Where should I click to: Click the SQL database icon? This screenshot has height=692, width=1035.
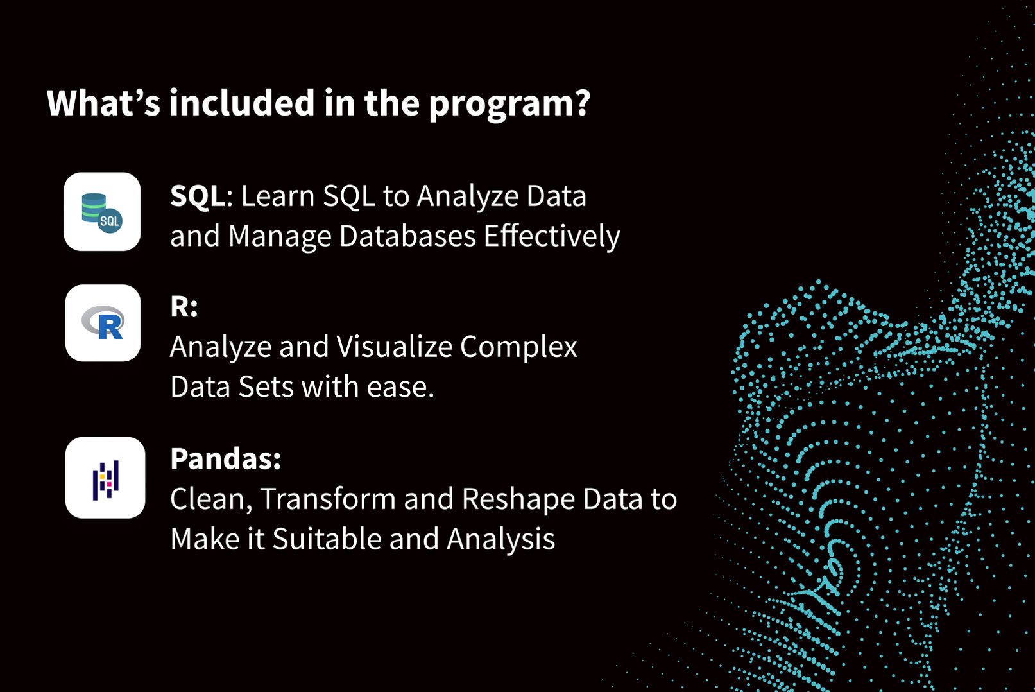(x=102, y=212)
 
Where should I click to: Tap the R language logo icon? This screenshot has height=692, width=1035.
(x=103, y=323)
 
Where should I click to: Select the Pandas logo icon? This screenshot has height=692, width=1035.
(x=105, y=478)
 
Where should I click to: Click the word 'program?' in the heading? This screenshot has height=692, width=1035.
(x=509, y=104)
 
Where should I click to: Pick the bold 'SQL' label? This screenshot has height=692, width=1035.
(x=198, y=196)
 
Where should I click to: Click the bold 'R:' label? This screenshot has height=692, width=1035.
(x=184, y=307)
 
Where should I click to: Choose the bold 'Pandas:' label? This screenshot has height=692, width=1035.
(x=225, y=459)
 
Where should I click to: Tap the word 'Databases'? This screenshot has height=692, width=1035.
(x=407, y=236)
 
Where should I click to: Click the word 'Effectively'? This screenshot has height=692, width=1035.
(x=552, y=236)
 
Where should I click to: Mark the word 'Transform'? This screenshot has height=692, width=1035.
(x=328, y=499)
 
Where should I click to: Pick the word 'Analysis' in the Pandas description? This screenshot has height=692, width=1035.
(x=500, y=539)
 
